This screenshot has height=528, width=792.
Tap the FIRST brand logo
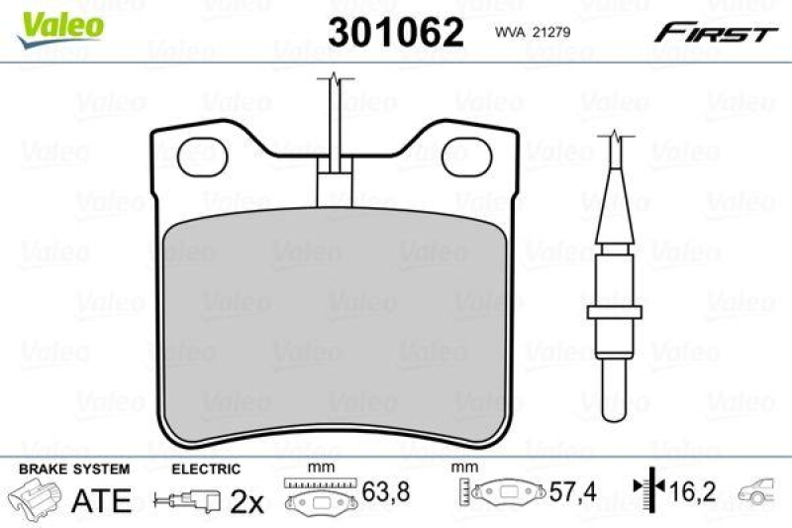[715, 34]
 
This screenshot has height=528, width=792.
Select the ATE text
[102, 500]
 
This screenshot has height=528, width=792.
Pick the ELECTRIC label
[206, 469]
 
